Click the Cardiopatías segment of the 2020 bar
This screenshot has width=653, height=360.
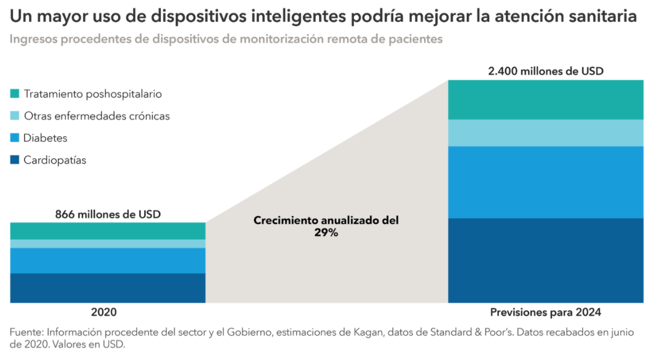108,288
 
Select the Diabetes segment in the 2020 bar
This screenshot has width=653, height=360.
108,261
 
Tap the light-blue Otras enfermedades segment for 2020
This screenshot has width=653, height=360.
108,244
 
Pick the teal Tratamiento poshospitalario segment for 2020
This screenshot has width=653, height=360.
108,231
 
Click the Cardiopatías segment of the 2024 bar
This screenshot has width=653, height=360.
545,260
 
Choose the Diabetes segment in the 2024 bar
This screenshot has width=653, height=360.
545,182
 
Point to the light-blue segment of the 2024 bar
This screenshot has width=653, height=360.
545,133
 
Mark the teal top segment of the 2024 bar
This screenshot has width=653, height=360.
545,100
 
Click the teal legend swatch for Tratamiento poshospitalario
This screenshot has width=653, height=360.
15,94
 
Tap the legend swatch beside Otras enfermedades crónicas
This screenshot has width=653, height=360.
15,116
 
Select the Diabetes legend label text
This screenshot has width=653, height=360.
45,139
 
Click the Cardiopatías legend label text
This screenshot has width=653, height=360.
55,160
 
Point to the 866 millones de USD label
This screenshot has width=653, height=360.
108,214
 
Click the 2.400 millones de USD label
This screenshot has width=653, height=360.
545,71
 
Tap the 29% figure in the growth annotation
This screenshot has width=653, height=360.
326,233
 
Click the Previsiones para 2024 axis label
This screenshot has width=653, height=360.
545,312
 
